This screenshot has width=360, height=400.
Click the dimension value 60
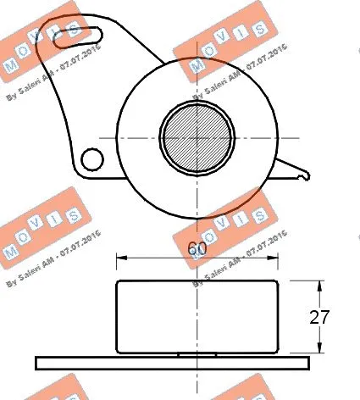[196, 250]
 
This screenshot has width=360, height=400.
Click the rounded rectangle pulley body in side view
[197, 315]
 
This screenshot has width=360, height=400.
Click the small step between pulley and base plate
[197, 353]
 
